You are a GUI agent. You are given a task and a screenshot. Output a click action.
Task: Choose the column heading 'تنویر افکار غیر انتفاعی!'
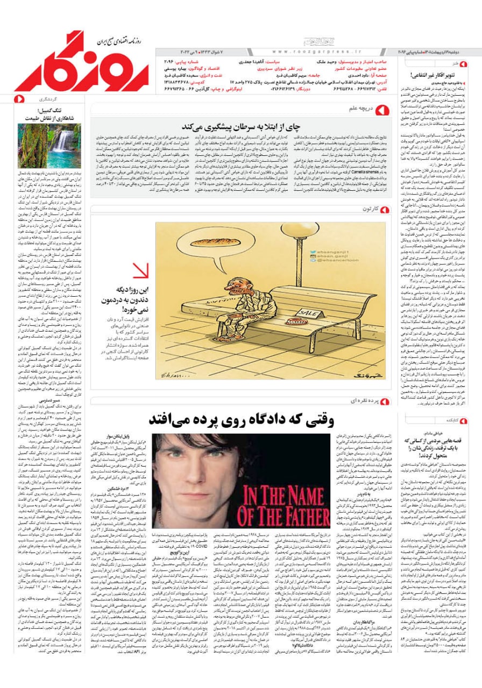(438, 75)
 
